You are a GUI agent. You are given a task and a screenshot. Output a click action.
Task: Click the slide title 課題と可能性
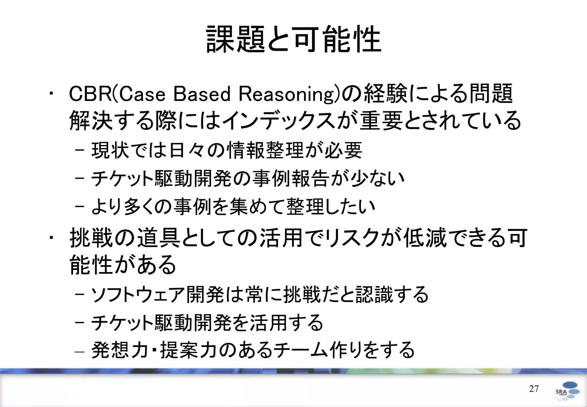(x=293, y=39)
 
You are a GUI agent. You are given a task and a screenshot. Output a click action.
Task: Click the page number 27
(x=534, y=389)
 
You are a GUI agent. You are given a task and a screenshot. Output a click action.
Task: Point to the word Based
(x=202, y=94)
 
